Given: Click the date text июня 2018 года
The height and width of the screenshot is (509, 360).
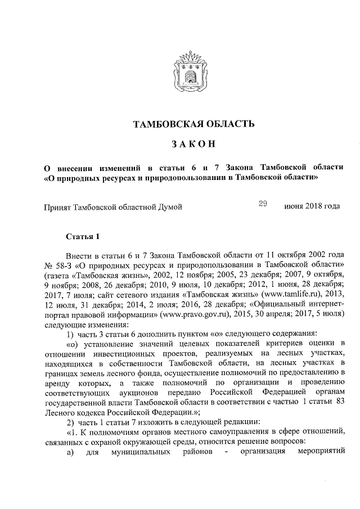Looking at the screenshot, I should coord(312,206).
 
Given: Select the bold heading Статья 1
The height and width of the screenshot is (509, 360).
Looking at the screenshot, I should coord(83,236).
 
